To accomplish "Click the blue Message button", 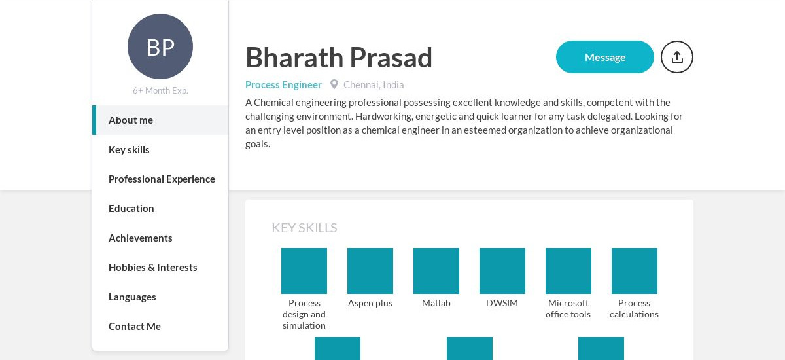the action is pyautogui.click(x=605, y=57).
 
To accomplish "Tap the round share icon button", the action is pyautogui.click(x=676, y=57).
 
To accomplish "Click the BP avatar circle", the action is pyautogui.click(x=160, y=46).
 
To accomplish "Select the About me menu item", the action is pyautogui.click(x=131, y=120).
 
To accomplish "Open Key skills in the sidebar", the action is pyautogui.click(x=129, y=150).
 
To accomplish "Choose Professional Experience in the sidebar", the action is pyautogui.click(x=162, y=179).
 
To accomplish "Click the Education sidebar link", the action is pyautogui.click(x=131, y=209).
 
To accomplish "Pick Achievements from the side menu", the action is pyautogui.click(x=140, y=238).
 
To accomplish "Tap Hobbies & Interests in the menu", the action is pyautogui.click(x=153, y=268).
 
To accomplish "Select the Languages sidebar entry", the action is pyautogui.click(x=132, y=297).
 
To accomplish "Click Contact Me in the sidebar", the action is pyautogui.click(x=135, y=327).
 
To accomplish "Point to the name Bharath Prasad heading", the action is pyautogui.click(x=339, y=58).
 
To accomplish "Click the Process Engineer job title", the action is pyautogui.click(x=283, y=85).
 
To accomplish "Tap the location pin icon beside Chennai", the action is pyautogui.click(x=334, y=84).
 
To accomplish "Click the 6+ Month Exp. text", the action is pyautogui.click(x=160, y=90).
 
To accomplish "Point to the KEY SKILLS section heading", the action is pyautogui.click(x=304, y=228).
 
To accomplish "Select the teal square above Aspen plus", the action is pyautogui.click(x=370, y=271).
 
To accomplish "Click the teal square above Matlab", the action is pyautogui.click(x=436, y=271).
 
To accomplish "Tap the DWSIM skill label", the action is pyautogui.click(x=502, y=303).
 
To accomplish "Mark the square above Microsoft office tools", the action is pyautogui.click(x=568, y=271).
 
